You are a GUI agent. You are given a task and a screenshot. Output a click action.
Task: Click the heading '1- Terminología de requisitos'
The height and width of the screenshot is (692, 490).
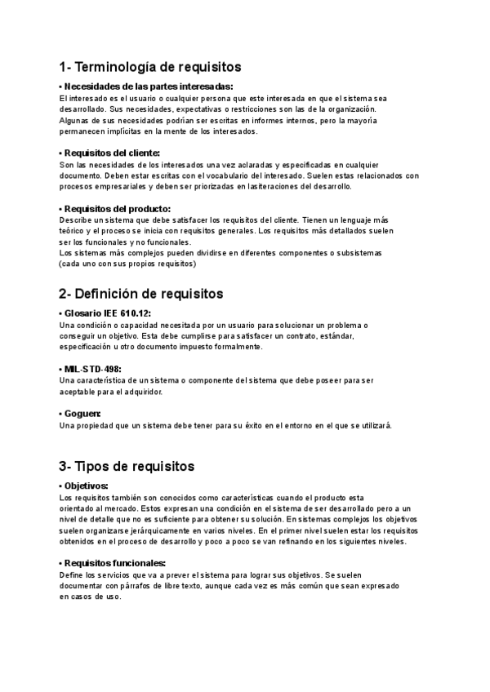(x=150, y=67)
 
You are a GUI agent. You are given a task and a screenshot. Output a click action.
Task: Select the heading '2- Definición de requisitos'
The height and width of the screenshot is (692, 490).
(x=140, y=294)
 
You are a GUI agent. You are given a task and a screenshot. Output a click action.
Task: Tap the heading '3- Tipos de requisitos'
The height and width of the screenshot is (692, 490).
(x=127, y=467)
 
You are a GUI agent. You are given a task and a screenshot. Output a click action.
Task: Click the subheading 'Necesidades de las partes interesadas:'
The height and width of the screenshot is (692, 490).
(x=148, y=86)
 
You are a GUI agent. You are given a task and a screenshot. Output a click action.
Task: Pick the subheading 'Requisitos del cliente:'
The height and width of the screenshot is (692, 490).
(x=111, y=153)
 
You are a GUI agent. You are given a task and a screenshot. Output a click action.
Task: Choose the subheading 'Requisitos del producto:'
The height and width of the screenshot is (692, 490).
(x=116, y=209)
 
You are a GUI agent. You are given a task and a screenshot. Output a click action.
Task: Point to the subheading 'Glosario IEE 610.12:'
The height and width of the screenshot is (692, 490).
(x=108, y=313)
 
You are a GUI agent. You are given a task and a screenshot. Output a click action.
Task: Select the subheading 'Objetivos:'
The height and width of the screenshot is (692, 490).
(x=86, y=486)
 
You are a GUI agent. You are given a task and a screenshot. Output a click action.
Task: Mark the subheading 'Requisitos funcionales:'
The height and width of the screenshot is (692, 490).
(x=114, y=563)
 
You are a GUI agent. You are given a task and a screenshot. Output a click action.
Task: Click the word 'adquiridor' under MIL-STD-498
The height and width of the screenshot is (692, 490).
(x=141, y=392)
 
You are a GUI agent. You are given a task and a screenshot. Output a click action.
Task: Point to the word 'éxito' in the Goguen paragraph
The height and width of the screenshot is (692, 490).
(x=255, y=425)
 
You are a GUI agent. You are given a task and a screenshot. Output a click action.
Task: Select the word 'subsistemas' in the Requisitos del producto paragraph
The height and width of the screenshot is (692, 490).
(x=359, y=253)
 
